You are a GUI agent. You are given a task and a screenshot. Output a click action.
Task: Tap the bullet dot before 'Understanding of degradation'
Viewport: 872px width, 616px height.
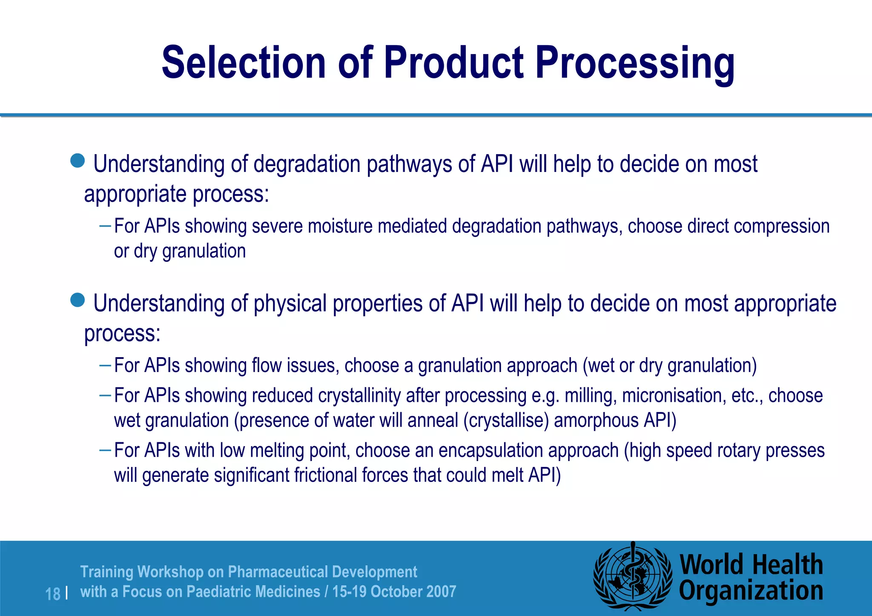[x=77, y=161]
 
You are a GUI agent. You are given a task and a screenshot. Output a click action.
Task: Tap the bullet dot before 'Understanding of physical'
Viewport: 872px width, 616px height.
[x=77, y=300]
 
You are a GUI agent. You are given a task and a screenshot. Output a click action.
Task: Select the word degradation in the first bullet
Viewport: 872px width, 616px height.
[x=307, y=164]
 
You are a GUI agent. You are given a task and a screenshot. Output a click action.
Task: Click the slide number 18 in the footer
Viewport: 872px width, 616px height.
[x=53, y=594]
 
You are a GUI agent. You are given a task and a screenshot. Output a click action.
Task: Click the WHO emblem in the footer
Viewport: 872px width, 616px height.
[x=633, y=577]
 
